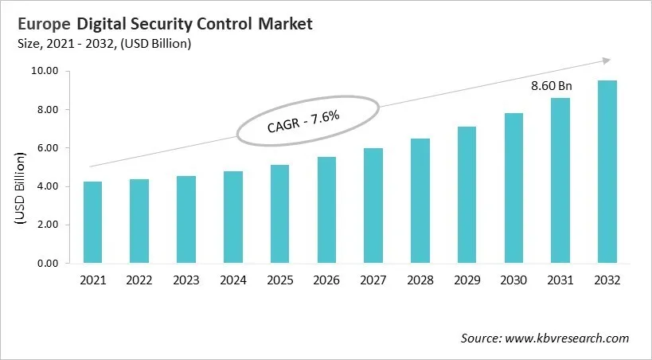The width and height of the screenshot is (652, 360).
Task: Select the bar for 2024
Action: [x=232, y=217]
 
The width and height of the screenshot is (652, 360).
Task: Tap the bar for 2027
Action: [x=373, y=205]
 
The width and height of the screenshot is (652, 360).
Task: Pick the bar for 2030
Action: [x=513, y=188]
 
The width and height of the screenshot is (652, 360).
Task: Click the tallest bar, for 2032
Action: [x=607, y=172]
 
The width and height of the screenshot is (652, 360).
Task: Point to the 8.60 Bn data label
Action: [x=552, y=86]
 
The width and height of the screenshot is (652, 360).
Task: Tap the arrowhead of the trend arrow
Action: [x=606, y=61]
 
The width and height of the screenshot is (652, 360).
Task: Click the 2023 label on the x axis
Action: [x=185, y=280]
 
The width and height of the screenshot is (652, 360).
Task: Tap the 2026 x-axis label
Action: [x=326, y=280]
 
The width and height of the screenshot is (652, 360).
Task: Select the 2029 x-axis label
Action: [x=467, y=280]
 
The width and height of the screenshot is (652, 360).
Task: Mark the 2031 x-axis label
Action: [x=560, y=280]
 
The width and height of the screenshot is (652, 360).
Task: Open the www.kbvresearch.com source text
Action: [x=566, y=338]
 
